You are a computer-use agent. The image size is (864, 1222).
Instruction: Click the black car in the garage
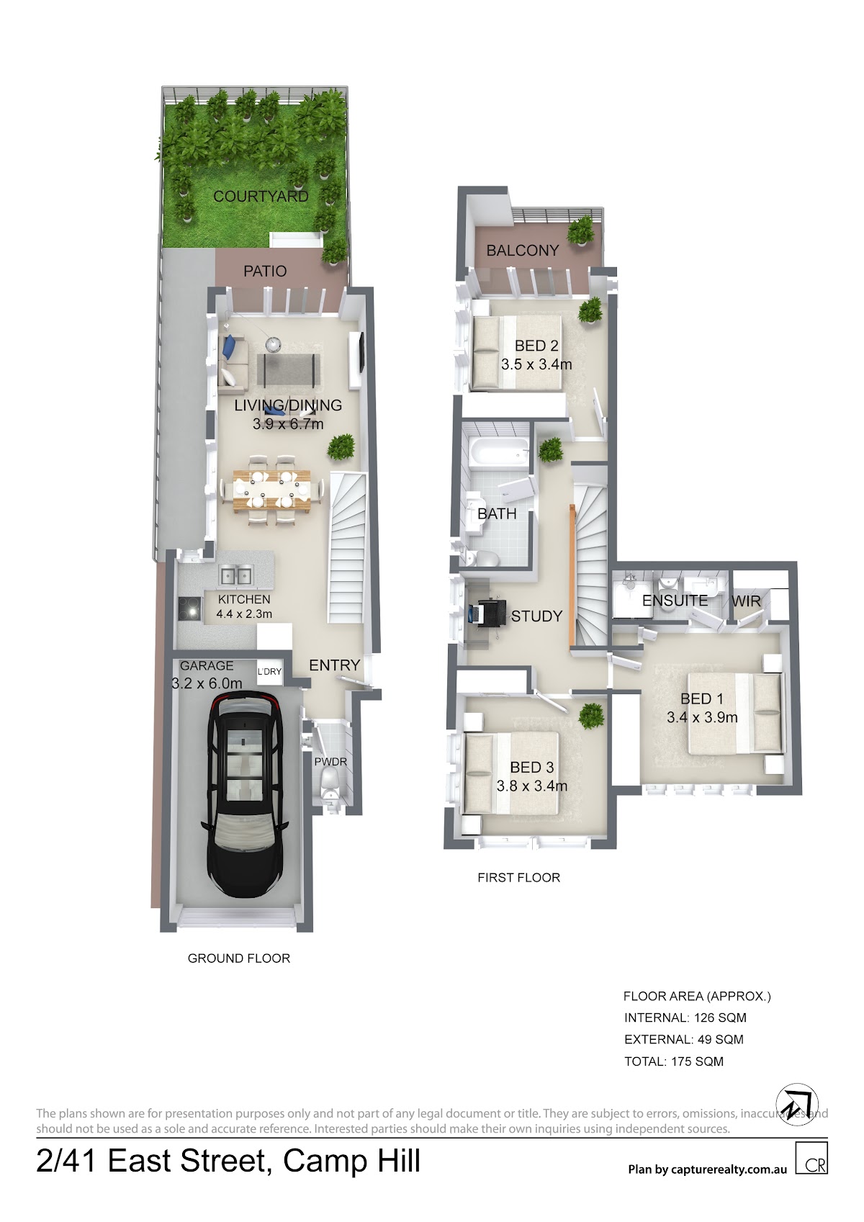tap(245, 794)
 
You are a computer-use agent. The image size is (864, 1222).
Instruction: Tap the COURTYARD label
tap(261, 197)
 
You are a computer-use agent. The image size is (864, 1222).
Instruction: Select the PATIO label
tap(265, 271)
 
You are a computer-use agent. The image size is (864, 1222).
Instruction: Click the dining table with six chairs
tap(271, 490)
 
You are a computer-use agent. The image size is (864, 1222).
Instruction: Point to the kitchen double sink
tap(235, 575)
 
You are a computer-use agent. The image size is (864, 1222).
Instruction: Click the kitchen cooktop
tap(189, 608)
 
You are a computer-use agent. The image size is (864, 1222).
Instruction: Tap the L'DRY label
tap(269, 672)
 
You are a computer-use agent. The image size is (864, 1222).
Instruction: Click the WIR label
tap(746, 601)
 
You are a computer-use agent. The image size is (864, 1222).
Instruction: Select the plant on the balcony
tap(580, 230)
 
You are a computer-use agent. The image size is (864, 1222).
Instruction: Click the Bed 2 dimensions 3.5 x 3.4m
tap(536, 364)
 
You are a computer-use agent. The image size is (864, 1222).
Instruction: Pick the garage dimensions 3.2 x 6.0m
tap(207, 683)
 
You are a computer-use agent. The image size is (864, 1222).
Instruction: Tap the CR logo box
tap(811, 1158)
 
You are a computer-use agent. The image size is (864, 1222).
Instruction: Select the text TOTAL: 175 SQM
tap(674, 1061)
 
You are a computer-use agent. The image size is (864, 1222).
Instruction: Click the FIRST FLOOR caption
tap(518, 878)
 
